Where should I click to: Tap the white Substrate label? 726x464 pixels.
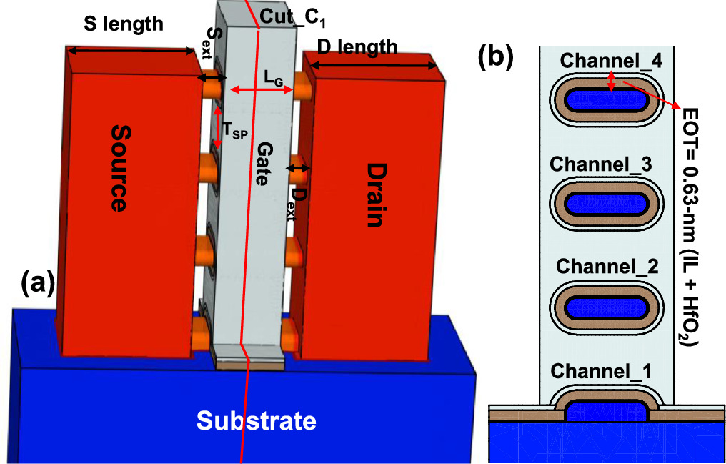pyautogui.click(x=256, y=420)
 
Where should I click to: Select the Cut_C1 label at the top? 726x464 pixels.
pyautogui.click(x=283, y=16)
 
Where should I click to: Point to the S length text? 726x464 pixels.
pyautogui.click(x=124, y=24)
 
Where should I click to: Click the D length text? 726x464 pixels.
pyautogui.click(x=357, y=48)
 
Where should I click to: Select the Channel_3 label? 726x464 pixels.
pyautogui.click(x=600, y=164)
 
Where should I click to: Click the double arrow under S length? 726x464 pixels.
pyautogui.click(x=131, y=50)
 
